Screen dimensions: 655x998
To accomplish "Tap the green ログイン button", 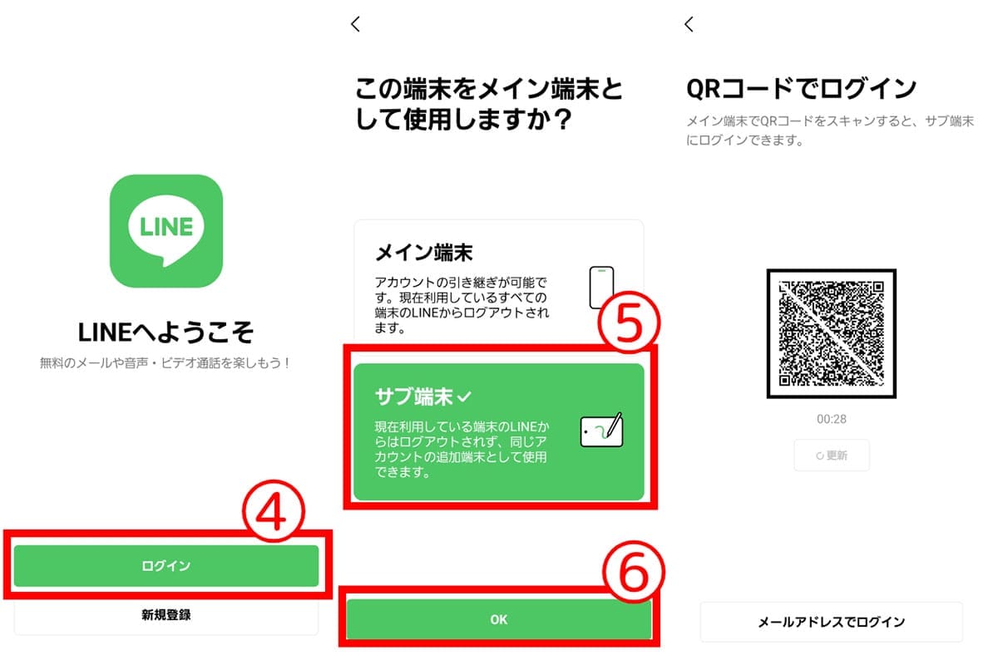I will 166,566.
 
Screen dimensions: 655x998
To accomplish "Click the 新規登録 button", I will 166,616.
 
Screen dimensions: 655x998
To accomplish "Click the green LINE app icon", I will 166,231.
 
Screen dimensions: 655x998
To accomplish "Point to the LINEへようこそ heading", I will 166,332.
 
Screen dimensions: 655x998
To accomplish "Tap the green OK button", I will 499,619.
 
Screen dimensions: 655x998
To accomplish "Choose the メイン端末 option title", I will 424,252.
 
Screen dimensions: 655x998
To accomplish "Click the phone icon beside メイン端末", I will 600,288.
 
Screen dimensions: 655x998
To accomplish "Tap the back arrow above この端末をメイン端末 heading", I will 356,24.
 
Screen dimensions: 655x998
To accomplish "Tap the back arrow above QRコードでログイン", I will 689,24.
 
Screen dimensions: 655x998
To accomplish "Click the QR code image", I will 832,333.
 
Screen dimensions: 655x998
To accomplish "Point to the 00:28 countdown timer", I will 832,419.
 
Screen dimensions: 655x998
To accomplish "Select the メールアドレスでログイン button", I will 832,622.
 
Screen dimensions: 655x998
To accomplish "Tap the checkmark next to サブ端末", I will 465,398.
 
